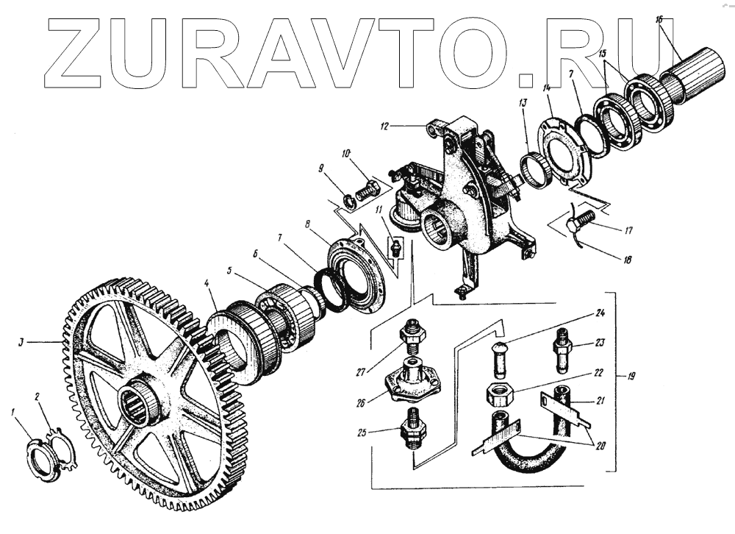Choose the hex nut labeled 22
500,394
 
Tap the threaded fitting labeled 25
412,431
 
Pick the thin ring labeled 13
539,169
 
